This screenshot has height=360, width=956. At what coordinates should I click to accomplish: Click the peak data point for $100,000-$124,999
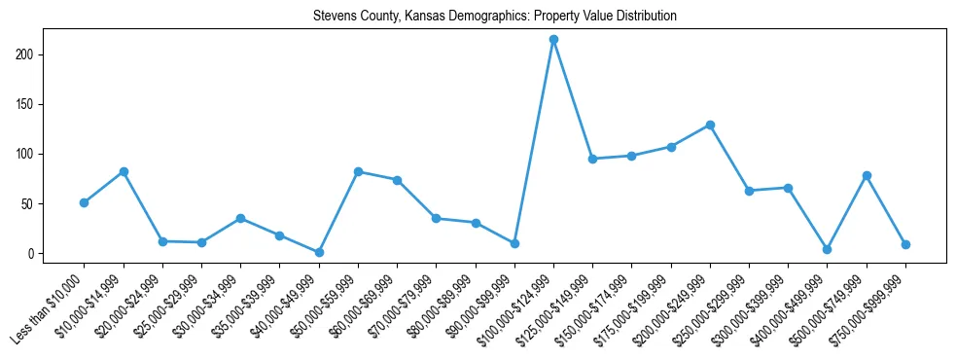click(553, 40)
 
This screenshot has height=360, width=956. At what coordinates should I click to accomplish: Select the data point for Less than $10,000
click(85, 202)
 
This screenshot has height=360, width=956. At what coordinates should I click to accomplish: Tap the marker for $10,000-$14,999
click(124, 171)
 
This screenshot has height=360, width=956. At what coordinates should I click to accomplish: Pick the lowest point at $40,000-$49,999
click(319, 252)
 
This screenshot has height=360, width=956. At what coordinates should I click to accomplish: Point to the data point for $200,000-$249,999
click(710, 125)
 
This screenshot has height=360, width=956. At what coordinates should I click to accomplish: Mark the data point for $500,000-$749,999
click(867, 175)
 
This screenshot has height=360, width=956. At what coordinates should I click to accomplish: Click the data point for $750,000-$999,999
click(905, 244)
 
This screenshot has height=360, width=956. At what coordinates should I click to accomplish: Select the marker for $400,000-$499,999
click(827, 249)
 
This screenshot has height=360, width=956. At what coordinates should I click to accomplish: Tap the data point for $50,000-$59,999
click(358, 171)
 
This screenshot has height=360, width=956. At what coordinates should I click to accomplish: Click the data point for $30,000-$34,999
click(240, 218)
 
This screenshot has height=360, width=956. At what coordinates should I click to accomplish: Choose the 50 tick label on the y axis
click(35, 203)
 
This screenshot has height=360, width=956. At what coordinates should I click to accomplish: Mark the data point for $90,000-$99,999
click(514, 243)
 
